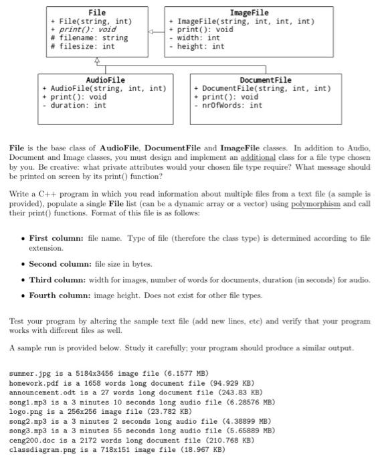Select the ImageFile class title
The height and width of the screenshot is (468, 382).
pos(249,13)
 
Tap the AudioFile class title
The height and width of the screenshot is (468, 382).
pos(96,80)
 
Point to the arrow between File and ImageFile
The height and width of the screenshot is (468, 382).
pos(157,30)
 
